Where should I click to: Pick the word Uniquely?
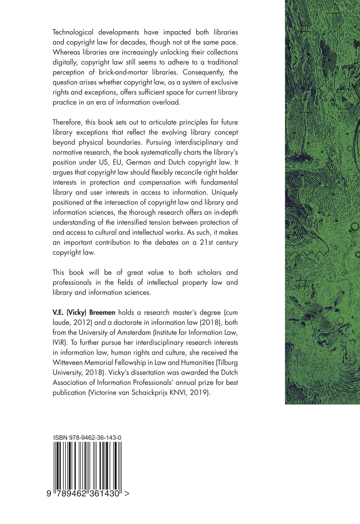[224, 193]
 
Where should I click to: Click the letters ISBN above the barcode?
[60, 438]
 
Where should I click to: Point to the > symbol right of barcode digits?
[127, 494]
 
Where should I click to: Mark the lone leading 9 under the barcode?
[49, 494]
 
